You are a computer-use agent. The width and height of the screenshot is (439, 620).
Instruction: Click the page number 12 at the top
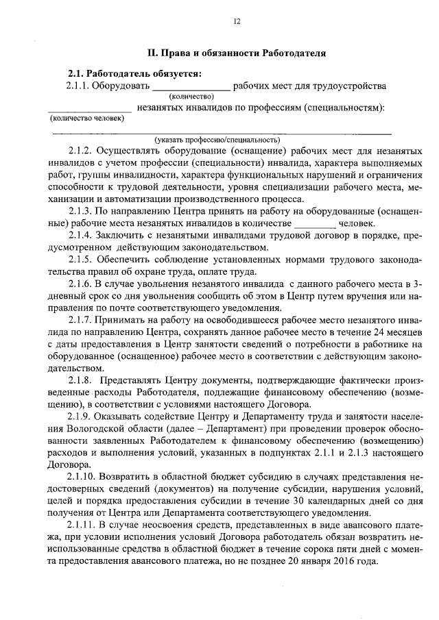237,22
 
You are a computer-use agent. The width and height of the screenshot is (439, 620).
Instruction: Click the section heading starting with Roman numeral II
237,53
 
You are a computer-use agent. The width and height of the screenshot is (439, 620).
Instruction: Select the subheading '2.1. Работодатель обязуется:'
134,73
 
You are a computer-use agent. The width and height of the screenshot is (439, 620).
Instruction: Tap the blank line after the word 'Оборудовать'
190,88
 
